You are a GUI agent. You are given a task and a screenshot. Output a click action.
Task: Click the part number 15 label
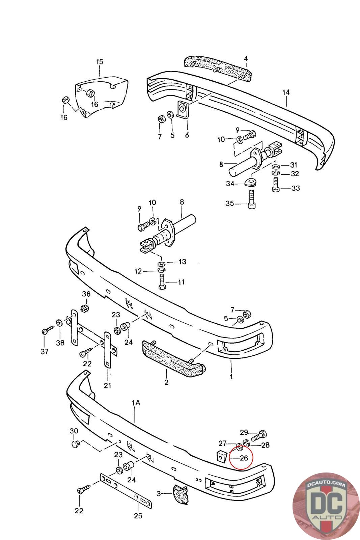(x=100, y=62)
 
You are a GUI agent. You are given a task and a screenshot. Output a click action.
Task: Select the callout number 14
(x=286, y=92)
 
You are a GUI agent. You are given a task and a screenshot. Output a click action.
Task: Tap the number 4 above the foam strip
(x=246, y=58)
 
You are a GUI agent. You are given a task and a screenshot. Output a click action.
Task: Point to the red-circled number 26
(x=244, y=458)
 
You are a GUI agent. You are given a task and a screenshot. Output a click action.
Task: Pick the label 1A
(x=136, y=403)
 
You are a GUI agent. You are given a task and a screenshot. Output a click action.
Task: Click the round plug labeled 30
(x=75, y=443)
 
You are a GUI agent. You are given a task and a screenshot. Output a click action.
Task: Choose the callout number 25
(x=138, y=515)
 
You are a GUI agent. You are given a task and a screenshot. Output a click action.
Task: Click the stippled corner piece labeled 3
(x=180, y=494)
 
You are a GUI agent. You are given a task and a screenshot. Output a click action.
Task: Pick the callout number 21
(x=108, y=385)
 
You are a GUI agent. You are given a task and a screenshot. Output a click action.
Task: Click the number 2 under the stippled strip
(x=166, y=382)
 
